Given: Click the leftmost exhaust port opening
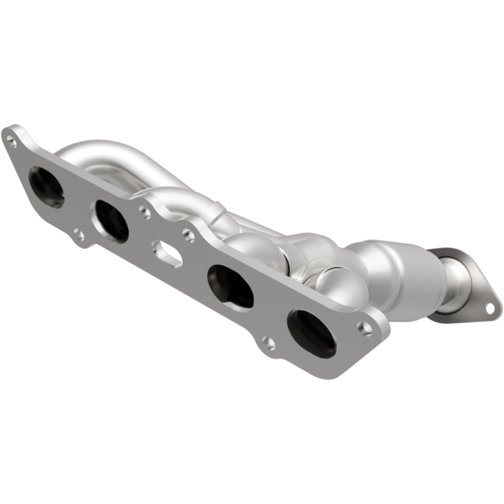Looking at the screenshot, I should (46, 187).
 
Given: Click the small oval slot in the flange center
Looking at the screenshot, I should (167, 253).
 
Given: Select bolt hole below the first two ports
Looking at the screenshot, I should (78, 235).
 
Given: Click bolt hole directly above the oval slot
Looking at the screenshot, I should (146, 213).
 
